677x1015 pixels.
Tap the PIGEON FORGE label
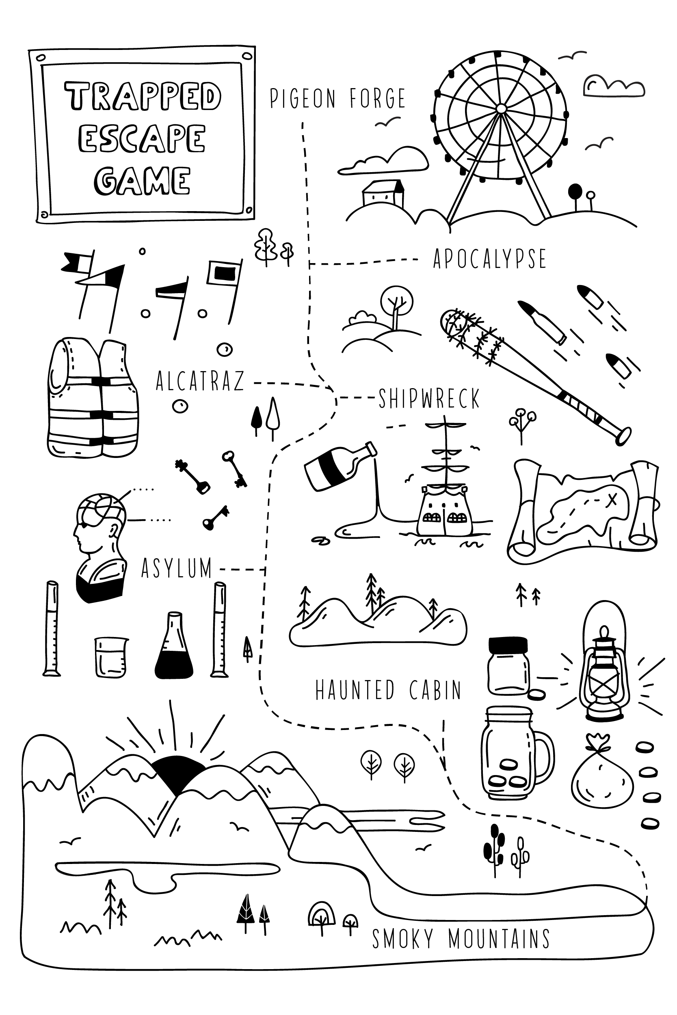point(337,99)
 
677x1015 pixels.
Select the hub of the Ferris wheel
point(501,108)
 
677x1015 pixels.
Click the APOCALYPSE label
point(490,259)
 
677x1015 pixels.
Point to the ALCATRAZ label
point(200,381)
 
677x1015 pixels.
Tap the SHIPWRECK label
point(429,399)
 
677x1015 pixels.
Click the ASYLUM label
point(177,568)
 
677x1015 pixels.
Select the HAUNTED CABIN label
point(388,691)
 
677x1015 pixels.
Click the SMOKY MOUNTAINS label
point(461,939)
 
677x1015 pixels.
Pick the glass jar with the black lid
point(508,666)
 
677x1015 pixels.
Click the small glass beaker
point(110,658)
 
